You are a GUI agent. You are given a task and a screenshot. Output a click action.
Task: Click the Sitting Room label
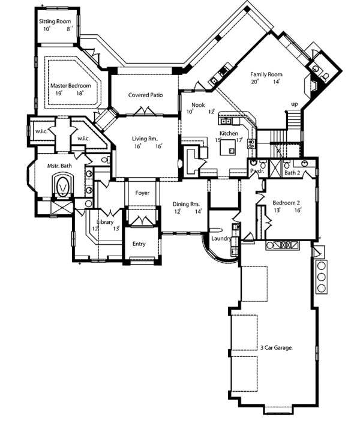[55, 22]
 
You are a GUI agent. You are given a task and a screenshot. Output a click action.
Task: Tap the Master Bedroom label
[67, 86]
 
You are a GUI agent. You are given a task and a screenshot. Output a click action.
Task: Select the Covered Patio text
[146, 95]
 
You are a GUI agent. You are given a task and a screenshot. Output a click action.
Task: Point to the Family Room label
[266, 74]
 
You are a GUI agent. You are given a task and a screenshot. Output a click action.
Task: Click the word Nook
[198, 104]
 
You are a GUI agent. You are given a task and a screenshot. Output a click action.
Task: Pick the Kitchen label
[229, 133]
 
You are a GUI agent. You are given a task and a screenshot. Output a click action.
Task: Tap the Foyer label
[142, 193]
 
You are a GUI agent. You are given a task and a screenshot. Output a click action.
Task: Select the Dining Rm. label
[186, 204]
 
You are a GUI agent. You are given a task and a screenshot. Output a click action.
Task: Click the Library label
[106, 221]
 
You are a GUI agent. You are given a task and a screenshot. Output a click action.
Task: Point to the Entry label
[139, 244]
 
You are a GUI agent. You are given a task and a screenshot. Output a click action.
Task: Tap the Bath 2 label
[292, 173]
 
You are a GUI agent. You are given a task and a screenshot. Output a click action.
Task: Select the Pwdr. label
[257, 172]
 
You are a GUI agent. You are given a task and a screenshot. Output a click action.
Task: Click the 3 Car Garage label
[277, 347]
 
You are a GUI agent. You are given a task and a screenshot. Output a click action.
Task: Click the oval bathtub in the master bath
[62, 186]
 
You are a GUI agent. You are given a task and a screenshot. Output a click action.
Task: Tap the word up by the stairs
[294, 104]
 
